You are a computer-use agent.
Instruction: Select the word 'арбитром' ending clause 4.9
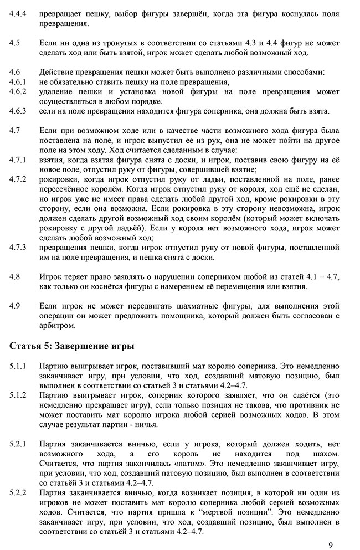(x=57, y=325)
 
